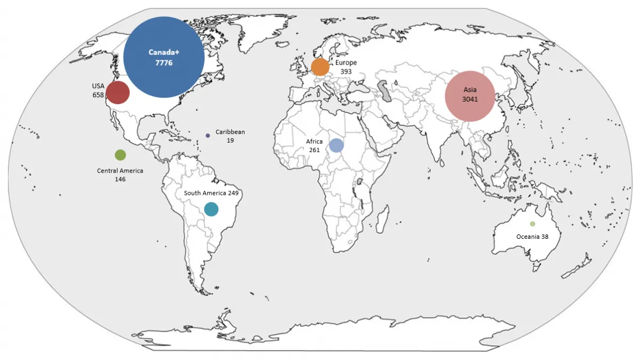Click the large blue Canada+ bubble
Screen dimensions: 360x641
tap(164, 57)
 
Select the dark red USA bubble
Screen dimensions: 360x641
tap(118, 92)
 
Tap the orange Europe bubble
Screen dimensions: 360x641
tap(320, 67)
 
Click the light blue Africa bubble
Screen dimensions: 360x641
tap(336, 145)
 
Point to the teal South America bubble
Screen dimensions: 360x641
tap(211, 209)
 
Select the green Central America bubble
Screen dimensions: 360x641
tap(120, 155)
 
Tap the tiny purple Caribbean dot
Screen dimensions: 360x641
tap(208, 136)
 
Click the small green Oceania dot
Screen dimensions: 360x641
tap(532, 224)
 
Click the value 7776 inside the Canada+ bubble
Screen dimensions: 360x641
tap(164, 63)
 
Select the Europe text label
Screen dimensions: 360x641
tap(346, 63)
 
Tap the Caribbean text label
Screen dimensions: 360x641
tap(230, 132)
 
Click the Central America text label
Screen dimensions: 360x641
tap(120, 171)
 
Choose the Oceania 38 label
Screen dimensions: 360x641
tap(532, 236)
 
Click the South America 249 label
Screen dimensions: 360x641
tap(211, 193)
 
